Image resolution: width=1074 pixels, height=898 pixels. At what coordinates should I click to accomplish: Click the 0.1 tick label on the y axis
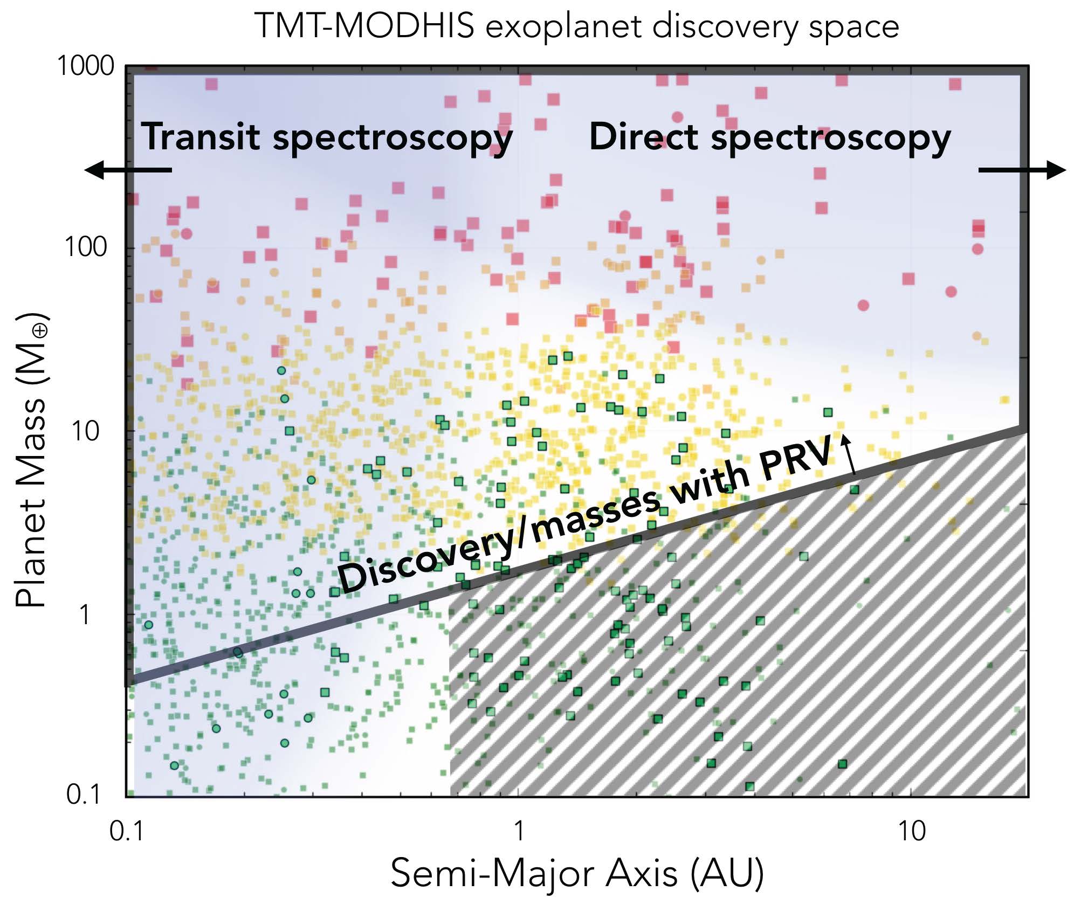pyautogui.click(x=84, y=795)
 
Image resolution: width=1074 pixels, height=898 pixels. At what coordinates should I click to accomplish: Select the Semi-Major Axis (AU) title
pyautogui.click(x=577, y=873)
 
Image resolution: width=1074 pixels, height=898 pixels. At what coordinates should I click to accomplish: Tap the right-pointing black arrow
pyautogui.click(x=1022, y=170)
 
